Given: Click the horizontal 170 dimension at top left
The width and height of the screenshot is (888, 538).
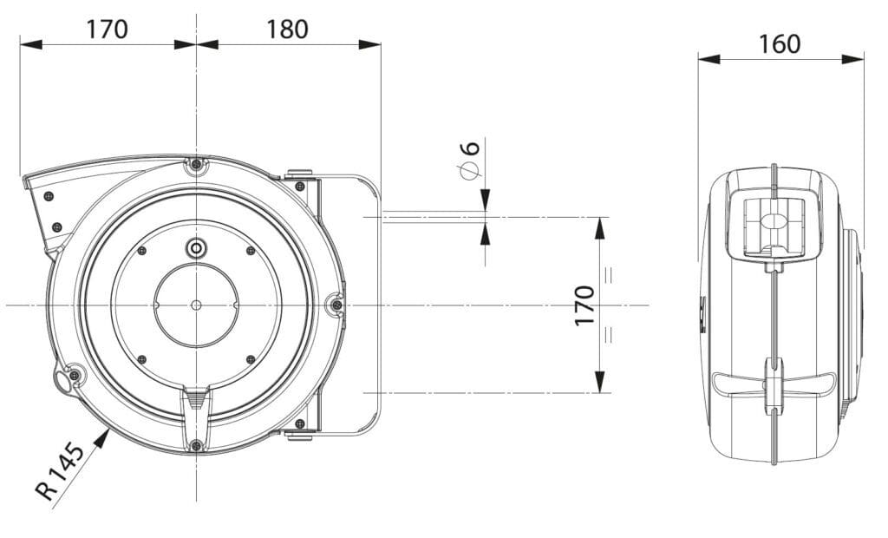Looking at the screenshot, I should pos(107,29).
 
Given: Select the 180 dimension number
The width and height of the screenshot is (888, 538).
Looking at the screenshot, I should pos(287,29).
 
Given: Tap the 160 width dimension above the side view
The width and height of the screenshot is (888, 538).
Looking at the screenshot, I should pos(780,43).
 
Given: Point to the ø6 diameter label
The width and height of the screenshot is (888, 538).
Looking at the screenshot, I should pos(471,159).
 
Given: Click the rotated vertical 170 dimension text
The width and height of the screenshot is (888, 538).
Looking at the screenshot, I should pos(585,305).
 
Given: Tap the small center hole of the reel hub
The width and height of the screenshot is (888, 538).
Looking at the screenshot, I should pos(196,305).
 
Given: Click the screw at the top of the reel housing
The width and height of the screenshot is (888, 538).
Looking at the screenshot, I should pos(197,164).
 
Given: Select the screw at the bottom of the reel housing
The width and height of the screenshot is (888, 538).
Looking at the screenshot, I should pos(197,446).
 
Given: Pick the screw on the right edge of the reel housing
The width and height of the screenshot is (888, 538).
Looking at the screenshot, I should pos(336,305).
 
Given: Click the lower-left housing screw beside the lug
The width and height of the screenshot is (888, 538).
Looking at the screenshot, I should pos(75,375).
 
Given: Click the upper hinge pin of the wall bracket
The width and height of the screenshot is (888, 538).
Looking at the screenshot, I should pos(300,185).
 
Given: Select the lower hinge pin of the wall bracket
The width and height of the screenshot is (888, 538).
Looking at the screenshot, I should pos(300,424).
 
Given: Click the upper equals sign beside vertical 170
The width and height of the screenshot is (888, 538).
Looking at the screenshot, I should pos(609,275).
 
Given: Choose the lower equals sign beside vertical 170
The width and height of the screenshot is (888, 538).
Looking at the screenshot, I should pos(609,333).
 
